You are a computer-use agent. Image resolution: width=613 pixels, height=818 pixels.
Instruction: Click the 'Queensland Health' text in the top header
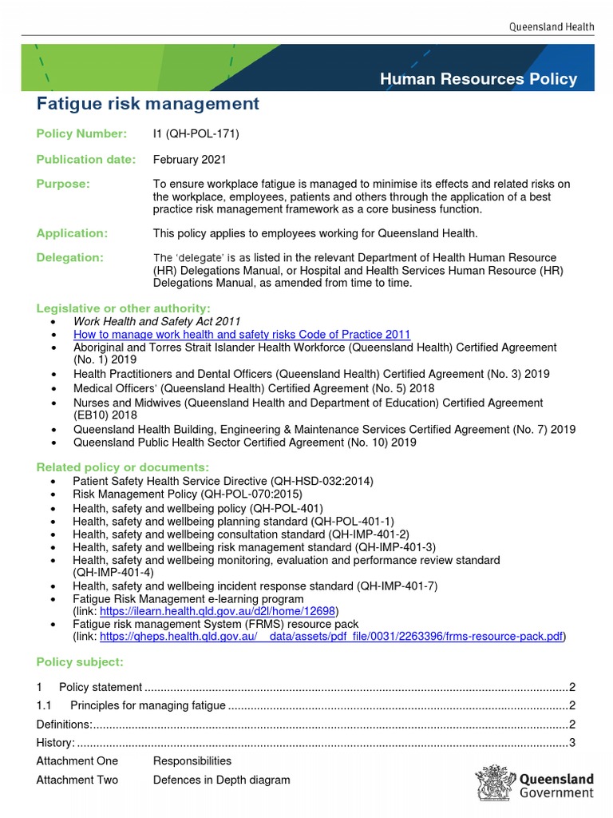point(552,27)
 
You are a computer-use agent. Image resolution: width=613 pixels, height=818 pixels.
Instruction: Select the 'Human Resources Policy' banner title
point(478,78)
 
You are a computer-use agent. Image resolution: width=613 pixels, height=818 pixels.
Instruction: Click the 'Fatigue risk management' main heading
point(148,103)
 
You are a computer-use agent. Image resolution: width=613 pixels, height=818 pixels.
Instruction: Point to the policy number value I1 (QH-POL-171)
point(196,133)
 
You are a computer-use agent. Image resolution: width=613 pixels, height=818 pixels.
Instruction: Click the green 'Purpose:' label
point(64,185)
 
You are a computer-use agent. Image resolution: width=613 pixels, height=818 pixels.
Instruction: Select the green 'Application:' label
point(72,233)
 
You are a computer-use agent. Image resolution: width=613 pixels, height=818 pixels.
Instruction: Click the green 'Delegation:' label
point(70,257)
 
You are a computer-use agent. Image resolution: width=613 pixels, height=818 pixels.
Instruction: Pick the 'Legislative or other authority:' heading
point(124,308)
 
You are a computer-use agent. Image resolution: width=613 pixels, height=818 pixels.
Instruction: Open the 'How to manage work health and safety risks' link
point(242,335)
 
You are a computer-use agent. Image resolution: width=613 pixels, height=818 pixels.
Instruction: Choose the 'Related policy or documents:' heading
point(123,467)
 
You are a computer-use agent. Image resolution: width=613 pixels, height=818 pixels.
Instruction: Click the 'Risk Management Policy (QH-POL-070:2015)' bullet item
point(188,494)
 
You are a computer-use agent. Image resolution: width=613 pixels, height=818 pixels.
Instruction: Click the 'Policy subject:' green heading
point(80,662)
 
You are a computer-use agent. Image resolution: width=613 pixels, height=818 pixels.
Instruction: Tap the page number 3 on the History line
point(572,743)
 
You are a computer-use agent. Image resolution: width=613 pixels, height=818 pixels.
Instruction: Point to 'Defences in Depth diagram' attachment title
point(222,780)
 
